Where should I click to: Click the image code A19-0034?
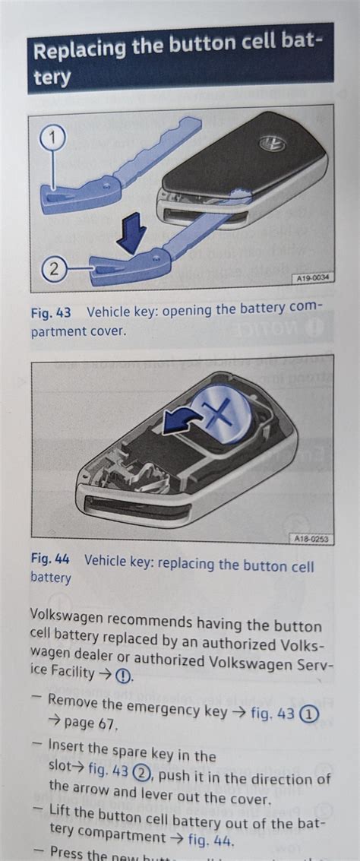pos(313,279)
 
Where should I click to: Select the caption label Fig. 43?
pos(50,312)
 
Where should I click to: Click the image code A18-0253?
pos(311,539)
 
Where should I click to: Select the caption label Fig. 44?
pos(49,560)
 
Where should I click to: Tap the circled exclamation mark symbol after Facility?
pos(124,674)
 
